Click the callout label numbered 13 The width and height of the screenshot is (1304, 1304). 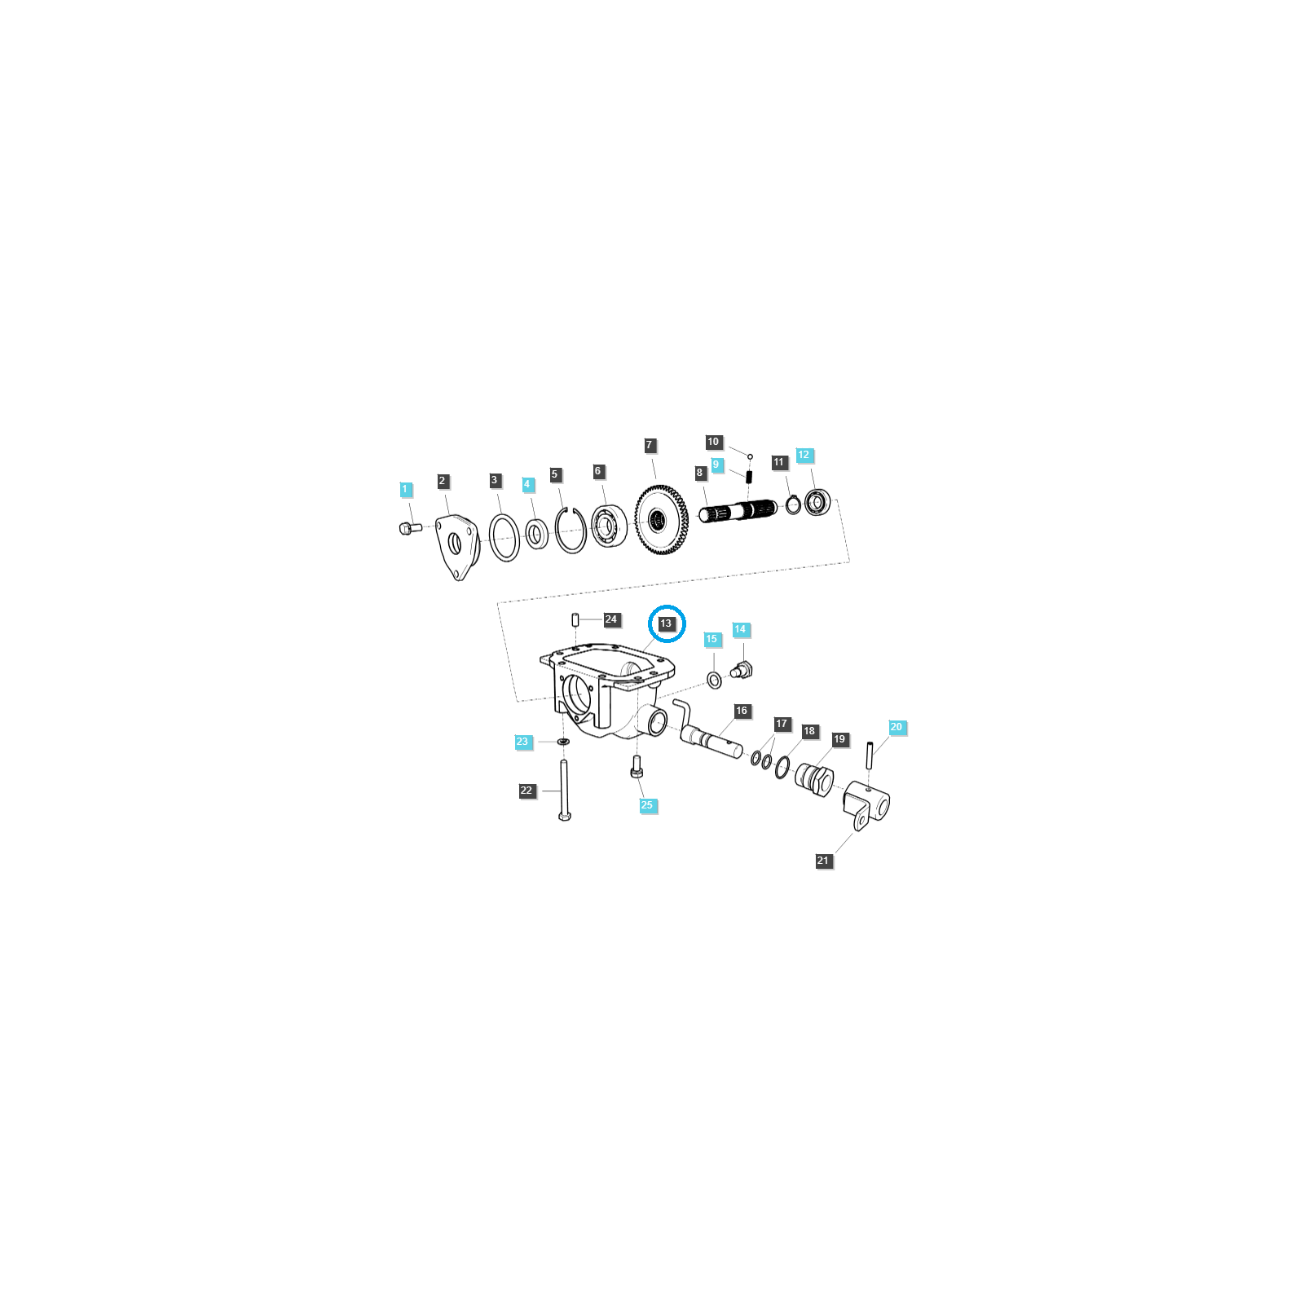[666, 623]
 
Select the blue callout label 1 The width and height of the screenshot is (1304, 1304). [405, 490]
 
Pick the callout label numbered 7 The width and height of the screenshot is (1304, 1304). [650, 445]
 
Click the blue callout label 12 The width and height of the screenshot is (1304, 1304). [804, 455]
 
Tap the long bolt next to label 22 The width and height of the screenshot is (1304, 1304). [564, 790]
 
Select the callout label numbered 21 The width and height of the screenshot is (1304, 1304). [823, 861]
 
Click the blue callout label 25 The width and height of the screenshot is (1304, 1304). [647, 805]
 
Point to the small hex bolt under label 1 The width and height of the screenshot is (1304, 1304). [410, 529]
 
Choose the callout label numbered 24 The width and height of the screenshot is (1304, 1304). [611, 619]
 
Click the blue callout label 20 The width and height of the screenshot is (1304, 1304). [896, 727]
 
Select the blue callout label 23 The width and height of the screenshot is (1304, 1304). [522, 742]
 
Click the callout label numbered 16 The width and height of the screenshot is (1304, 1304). [742, 711]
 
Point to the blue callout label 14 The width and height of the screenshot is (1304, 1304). [740, 629]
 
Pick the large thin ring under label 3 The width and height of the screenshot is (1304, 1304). [504, 539]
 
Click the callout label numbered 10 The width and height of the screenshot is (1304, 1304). [714, 442]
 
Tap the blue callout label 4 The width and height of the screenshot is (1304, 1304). [527, 484]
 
